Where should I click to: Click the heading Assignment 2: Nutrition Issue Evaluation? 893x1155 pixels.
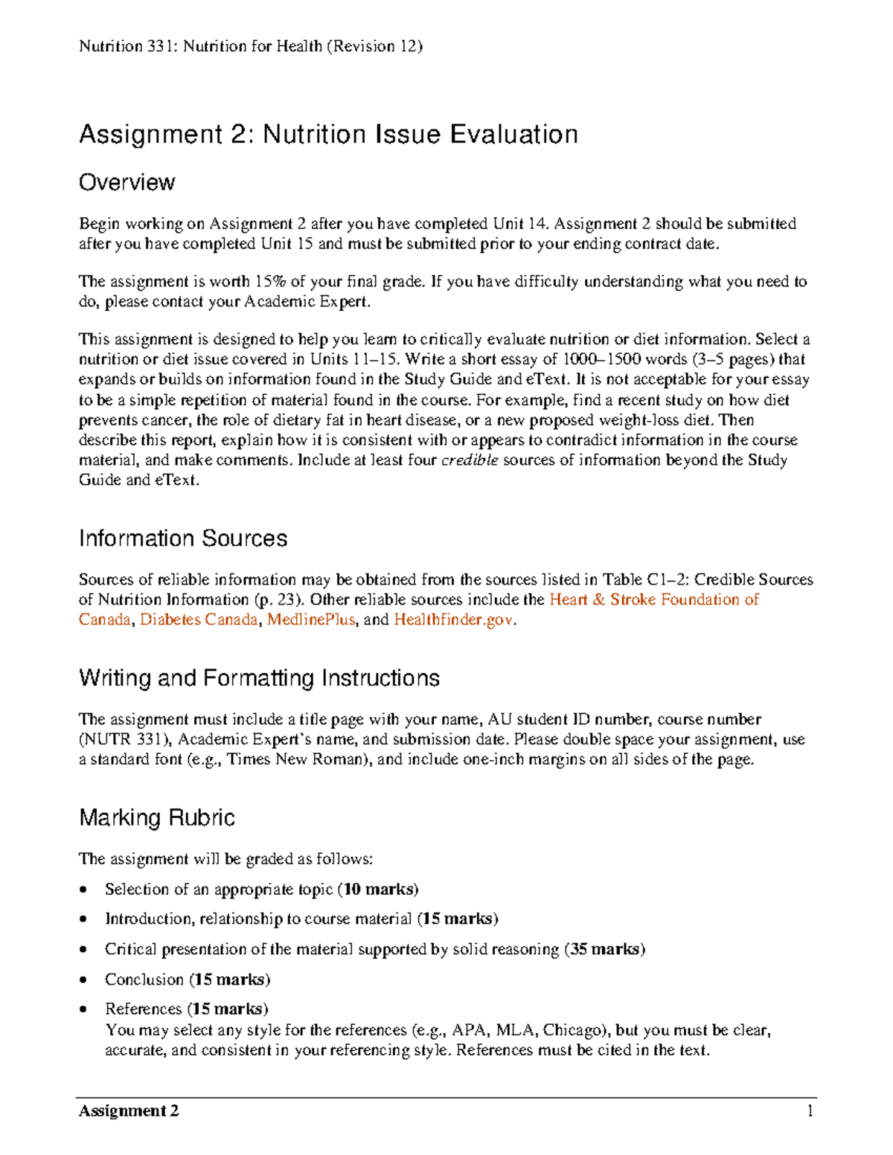click(x=328, y=135)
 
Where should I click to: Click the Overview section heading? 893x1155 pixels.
click(x=127, y=183)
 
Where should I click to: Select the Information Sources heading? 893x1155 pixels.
click(x=183, y=538)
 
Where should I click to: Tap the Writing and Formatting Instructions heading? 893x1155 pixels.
click(x=259, y=678)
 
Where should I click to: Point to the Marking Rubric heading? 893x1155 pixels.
click(x=157, y=818)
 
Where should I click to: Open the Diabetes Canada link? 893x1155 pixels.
click(x=199, y=620)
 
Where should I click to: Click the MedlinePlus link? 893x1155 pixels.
click(x=311, y=620)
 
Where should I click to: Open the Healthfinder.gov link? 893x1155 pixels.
click(x=453, y=620)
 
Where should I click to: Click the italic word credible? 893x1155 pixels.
click(x=470, y=460)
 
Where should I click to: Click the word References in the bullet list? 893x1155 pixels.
click(x=144, y=1009)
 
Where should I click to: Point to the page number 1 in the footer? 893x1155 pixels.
click(x=810, y=1111)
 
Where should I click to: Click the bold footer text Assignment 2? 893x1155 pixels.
click(x=129, y=1111)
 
